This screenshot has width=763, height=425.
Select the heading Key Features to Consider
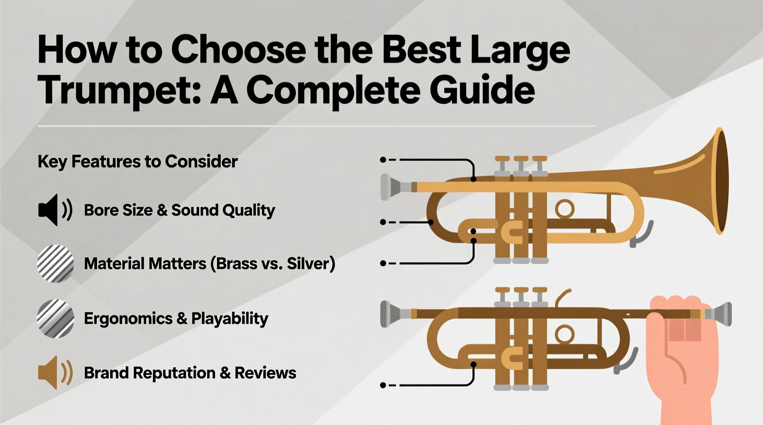(x=138, y=162)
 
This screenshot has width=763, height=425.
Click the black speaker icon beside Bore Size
(x=54, y=210)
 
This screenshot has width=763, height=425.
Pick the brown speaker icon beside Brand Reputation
(x=55, y=372)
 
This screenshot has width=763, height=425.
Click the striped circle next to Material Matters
(x=55, y=263)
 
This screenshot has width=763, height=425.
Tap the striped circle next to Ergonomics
(x=55, y=318)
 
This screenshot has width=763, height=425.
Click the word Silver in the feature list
(x=307, y=264)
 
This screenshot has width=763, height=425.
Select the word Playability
(x=229, y=319)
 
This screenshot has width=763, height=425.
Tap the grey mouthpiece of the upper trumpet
(x=392, y=187)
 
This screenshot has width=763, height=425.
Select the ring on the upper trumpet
(x=564, y=209)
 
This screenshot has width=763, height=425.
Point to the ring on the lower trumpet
(x=564, y=334)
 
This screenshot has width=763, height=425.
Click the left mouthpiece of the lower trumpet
(x=392, y=314)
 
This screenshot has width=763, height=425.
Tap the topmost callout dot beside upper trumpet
(x=383, y=160)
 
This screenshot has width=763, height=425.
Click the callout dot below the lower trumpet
(x=383, y=385)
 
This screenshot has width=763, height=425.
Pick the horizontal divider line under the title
(x=316, y=125)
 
